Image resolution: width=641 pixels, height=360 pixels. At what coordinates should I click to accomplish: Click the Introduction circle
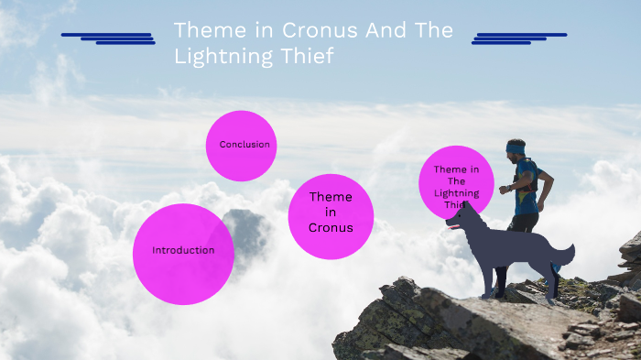pyautogui.click(x=183, y=254)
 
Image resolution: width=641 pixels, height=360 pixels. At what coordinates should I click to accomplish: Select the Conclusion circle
pyautogui.click(x=241, y=146)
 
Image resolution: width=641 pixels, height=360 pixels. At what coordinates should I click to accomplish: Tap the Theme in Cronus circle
pyautogui.click(x=331, y=216)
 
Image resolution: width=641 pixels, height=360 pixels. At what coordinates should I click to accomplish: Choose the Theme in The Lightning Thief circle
pyautogui.click(x=456, y=182)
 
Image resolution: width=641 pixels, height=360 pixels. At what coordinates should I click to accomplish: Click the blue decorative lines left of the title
pyautogui.click(x=108, y=38)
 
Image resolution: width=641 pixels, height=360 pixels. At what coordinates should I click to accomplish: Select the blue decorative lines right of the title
pyautogui.click(x=518, y=38)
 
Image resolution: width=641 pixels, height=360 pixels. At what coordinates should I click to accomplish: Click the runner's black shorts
pyautogui.click(x=524, y=222)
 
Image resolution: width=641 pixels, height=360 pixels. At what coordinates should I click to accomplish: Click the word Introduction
pyautogui.click(x=183, y=250)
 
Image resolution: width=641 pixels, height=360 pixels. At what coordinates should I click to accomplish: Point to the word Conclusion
pyautogui.click(x=244, y=144)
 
